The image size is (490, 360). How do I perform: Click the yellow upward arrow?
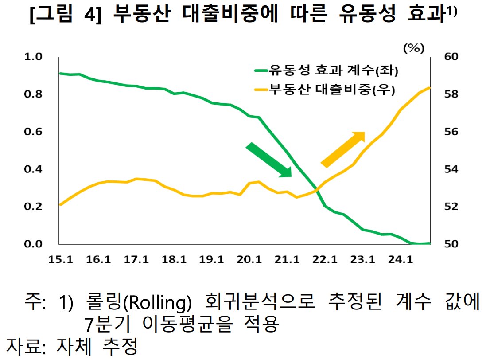click(x=342, y=149)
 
